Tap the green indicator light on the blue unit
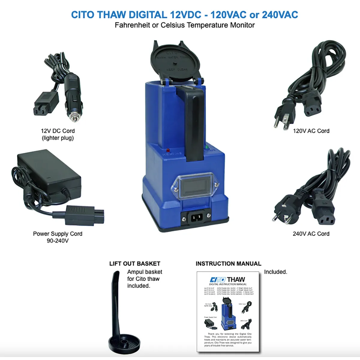(x=207, y=147)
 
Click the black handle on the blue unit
(x=192, y=120)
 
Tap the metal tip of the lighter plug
(x=74, y=116)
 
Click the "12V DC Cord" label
(x=58, y=131)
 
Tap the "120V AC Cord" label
(x=311, y=131)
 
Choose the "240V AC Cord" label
(x=311, y=234)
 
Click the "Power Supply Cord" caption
(x=58, y=234)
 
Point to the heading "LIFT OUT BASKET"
(x=135, y=264)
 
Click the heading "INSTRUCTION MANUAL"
(x=228, y=264)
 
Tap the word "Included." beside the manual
(x=275, y=272)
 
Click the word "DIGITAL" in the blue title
(x=148, y=15)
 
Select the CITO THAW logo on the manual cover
(x=227, y=280)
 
